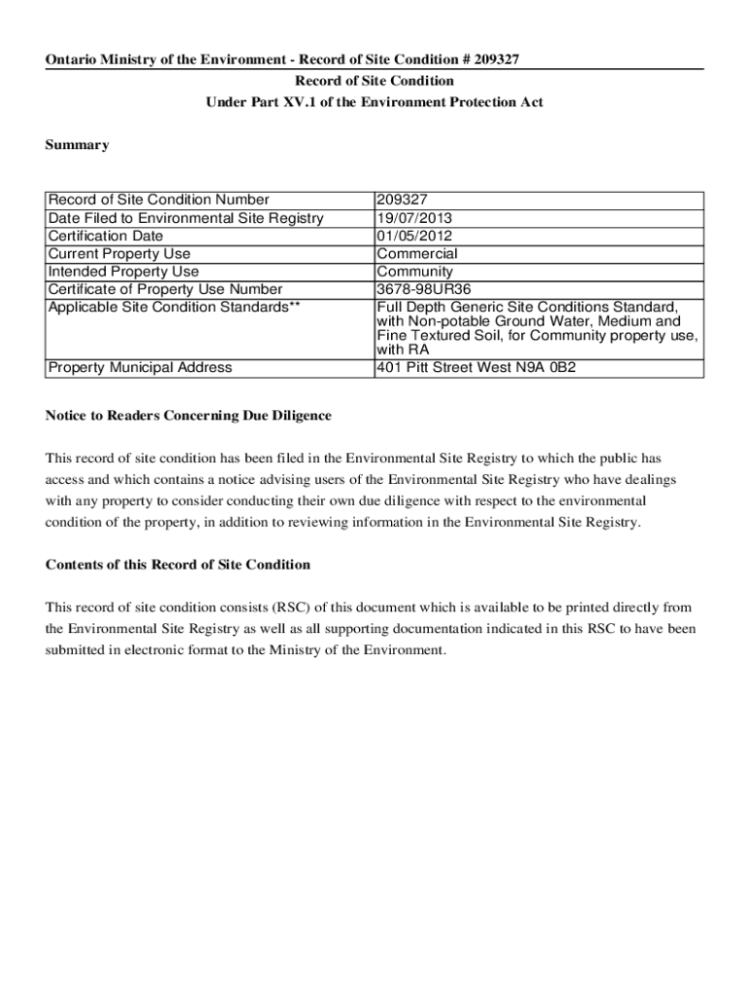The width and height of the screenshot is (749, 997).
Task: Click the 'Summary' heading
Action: click(78, 145)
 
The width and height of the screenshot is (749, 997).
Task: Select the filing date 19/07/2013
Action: click(414, 218)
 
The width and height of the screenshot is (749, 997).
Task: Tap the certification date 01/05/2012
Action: click(414, 236)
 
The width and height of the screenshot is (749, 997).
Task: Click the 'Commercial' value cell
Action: click(417, 254)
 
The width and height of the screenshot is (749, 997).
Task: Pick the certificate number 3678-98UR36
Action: click(421, 289)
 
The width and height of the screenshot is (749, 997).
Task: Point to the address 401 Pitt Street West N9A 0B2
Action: click(476, 368)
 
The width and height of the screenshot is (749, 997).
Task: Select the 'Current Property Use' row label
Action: click(120, 254)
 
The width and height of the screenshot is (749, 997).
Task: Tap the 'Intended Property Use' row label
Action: click(124, 272)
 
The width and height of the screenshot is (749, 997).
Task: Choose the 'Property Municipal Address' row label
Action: click(140, 368)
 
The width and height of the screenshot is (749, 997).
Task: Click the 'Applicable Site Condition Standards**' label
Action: click(168, 307)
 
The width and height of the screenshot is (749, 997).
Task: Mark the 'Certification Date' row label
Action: click(106, 236)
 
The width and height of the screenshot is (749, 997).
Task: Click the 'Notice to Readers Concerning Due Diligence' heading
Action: click(189, 416)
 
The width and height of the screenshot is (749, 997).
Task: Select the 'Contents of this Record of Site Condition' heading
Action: click(178, 565)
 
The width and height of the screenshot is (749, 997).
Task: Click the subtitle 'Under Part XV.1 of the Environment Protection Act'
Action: click(374, 102)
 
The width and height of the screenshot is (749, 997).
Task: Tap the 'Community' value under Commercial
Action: click(414, 272)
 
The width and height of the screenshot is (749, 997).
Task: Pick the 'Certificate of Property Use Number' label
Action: click(165, 289)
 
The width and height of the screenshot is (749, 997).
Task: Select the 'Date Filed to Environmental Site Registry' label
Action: click(186, 218)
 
